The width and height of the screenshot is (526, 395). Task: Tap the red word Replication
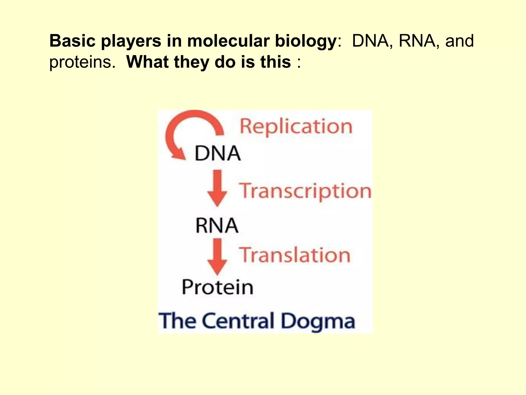coord(296,127)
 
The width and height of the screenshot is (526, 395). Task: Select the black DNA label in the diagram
coord(218,154)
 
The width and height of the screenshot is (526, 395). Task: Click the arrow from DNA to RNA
coord(217,188)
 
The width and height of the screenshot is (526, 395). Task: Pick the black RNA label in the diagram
coord(217,226)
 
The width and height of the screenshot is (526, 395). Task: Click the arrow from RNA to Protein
coord(217,256)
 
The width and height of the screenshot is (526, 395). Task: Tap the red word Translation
coord(295,255)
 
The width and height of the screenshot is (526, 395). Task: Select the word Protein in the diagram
coord(218,287)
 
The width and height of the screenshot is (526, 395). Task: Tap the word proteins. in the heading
coord(82,63)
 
